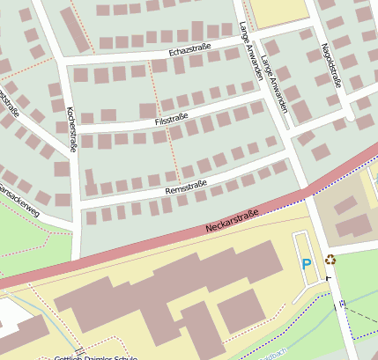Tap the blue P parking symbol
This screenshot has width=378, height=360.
[x=307, y=263]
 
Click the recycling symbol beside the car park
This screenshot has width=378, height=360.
[x=330, y=260]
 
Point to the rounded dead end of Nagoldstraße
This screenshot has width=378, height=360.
[x=351, y=115]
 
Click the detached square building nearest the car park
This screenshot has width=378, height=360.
[x=241, y=311]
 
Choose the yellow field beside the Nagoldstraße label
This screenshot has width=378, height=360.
[x=278, y=12]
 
